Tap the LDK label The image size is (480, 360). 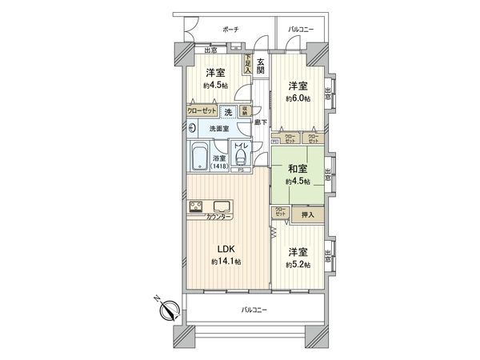[x=221, y=249]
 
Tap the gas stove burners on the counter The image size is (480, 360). [x=197, y=206]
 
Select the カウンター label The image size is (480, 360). [x=219, y=218]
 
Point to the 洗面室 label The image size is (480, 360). [x=220, y=128]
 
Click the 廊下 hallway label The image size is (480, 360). [x=259, y=122]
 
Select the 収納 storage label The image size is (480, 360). [x=246, y=111]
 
